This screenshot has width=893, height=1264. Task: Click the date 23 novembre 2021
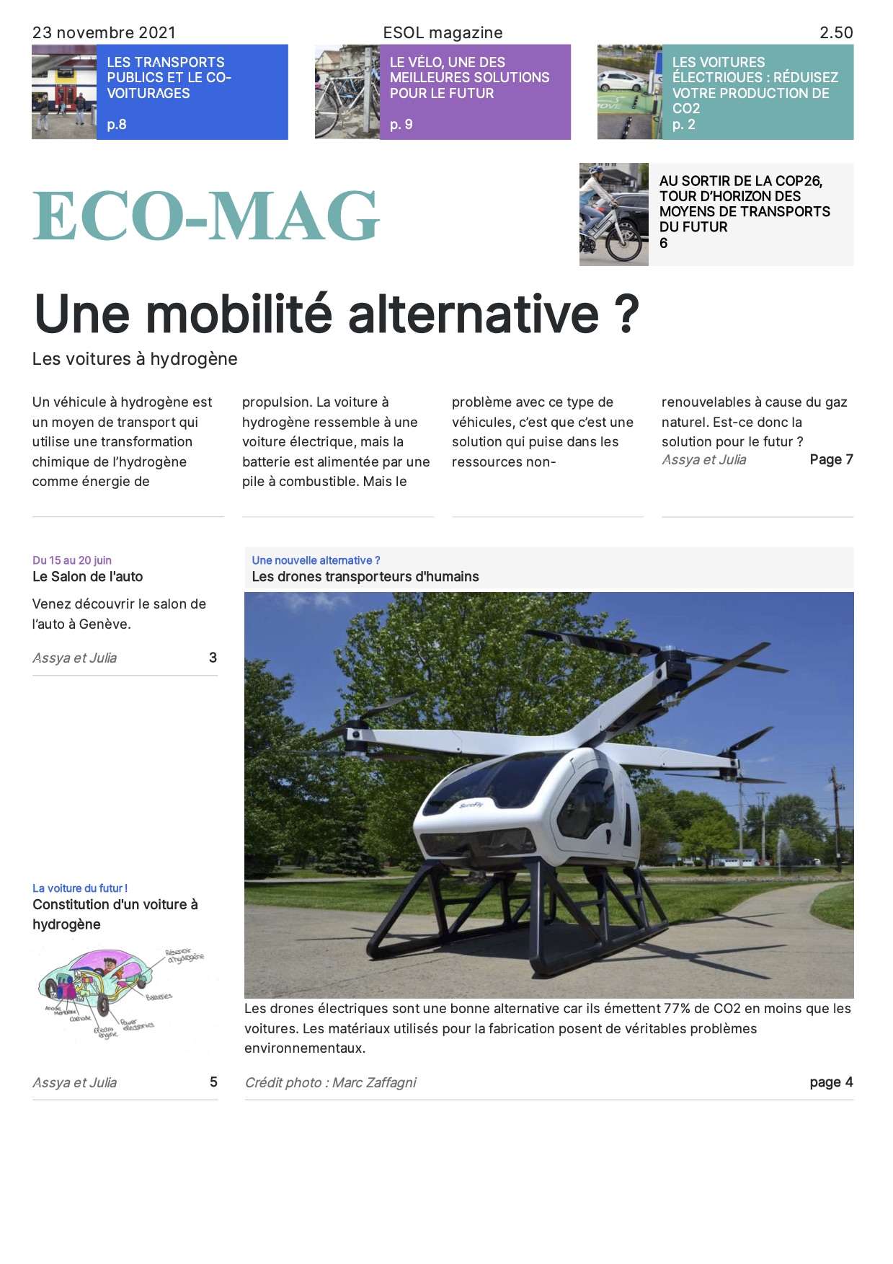pos(104,32)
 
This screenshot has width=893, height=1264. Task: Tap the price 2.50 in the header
pos(836,32)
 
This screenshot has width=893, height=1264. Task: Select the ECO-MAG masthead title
pos(206,216)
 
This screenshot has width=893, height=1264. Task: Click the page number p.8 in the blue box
pos(117,124)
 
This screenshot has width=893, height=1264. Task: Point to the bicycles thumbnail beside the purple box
pos(347,92)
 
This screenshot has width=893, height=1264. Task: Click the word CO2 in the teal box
pos(686,108)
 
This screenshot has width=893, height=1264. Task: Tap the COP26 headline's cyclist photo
pos(613,214)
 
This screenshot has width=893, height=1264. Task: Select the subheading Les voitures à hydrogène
pos(135,359)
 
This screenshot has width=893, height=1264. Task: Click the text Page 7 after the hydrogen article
pos(831,459)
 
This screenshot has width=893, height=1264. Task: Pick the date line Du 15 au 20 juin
pos(72,560)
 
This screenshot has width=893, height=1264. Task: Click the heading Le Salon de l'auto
pos(88,577)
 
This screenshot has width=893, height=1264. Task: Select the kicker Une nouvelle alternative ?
pos(316,560)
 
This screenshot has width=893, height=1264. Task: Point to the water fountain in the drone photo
pos(782,844)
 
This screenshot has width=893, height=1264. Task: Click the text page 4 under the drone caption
pos(831,1082)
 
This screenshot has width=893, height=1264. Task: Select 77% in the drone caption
pos(677,1009)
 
